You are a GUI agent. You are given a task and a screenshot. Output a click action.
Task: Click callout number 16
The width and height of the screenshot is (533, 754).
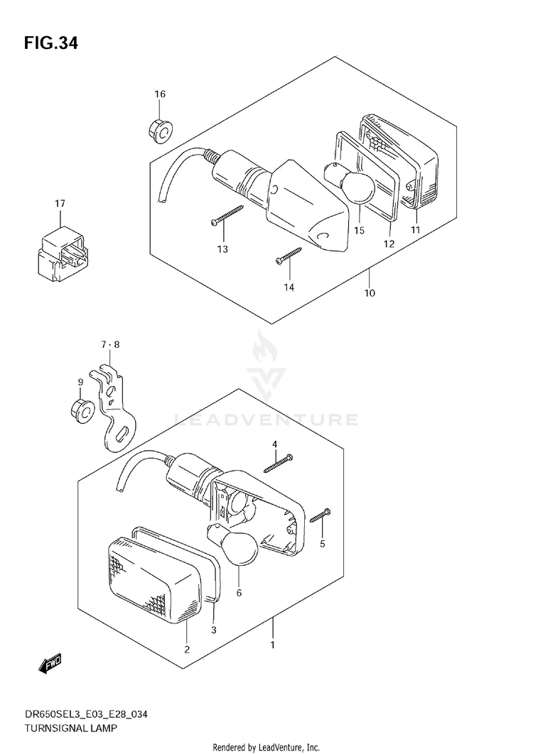tap(160, 94)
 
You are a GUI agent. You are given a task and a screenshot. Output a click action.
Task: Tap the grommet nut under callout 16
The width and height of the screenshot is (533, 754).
tap(161, 130)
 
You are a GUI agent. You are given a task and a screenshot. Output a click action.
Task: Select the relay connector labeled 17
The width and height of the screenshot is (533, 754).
tap(60, 251)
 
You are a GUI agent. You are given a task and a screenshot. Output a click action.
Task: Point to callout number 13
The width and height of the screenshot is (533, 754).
tap(222, 248)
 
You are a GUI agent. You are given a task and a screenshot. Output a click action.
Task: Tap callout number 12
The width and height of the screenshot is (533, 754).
tap(389, 244)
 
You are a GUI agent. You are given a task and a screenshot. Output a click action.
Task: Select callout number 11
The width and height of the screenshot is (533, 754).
tap(415, 229)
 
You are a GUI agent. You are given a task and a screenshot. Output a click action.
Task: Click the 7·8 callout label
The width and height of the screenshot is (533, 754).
tap(110, 344)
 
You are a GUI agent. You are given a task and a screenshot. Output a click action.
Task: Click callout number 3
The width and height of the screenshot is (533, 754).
tap(213, 629)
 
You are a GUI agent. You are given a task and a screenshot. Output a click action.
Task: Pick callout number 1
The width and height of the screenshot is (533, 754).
tap(272, 645)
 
